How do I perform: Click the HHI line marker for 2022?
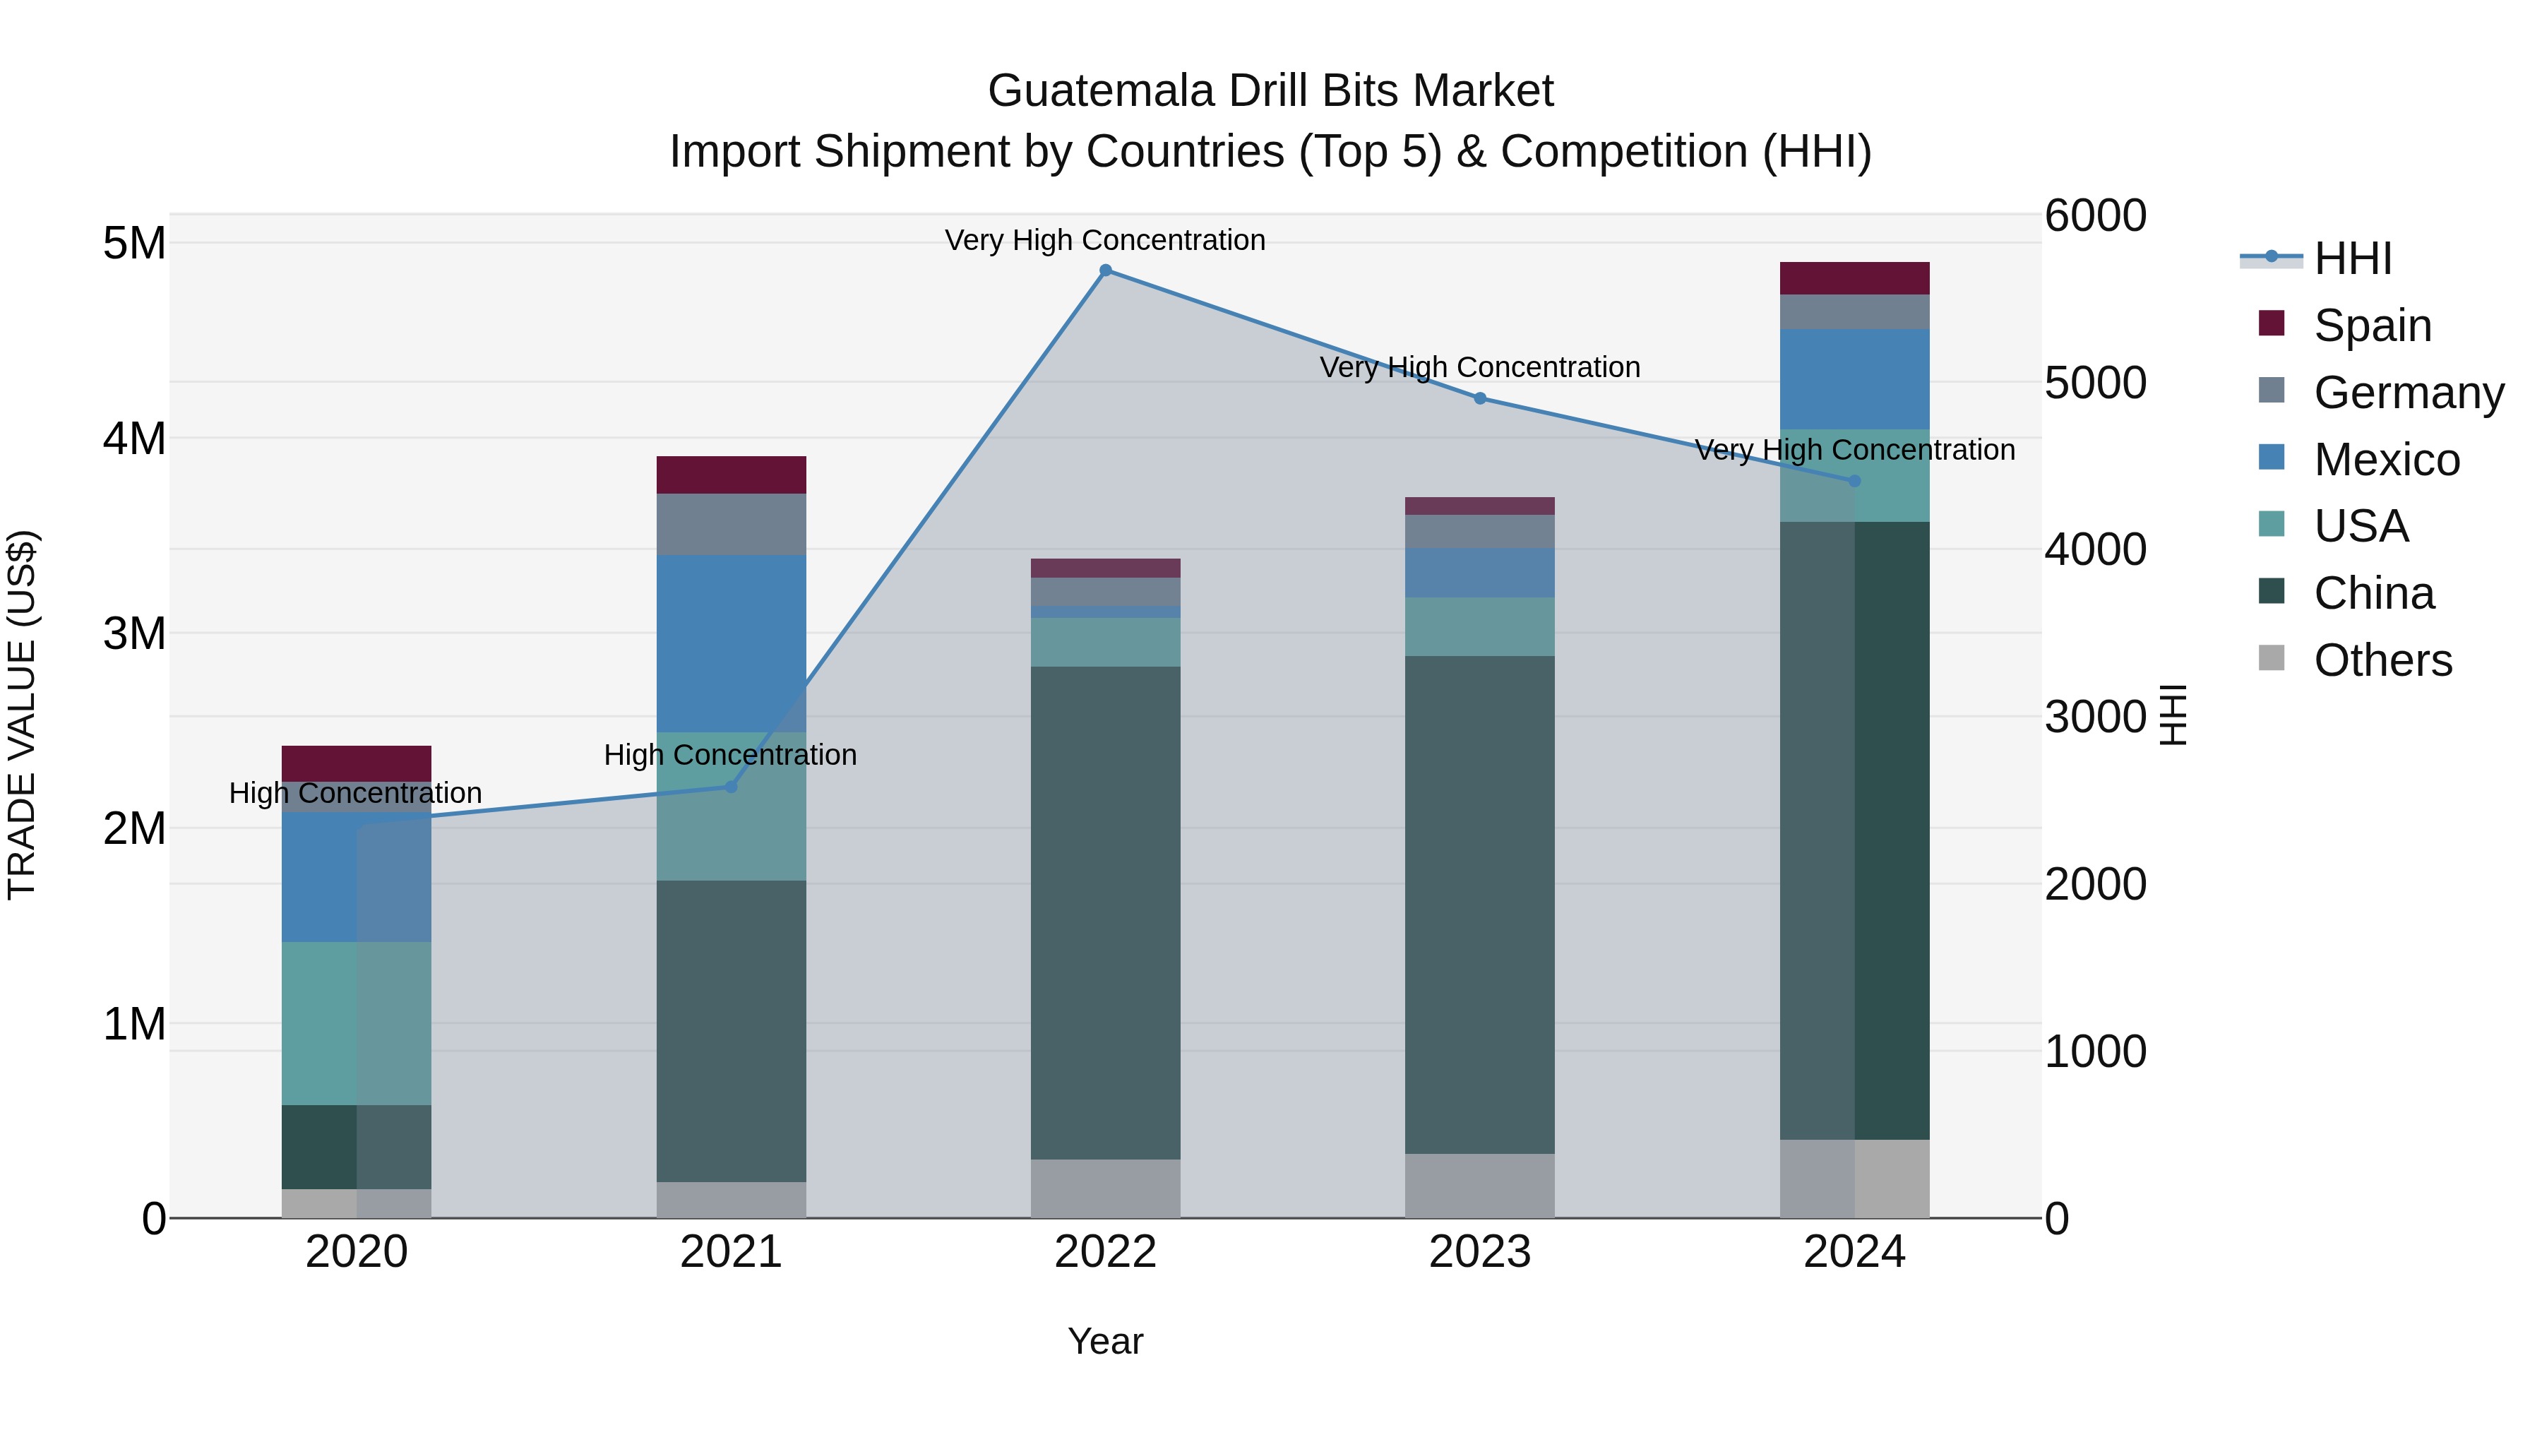[x=1105, y=270]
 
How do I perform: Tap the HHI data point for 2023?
[x=1479, y=399]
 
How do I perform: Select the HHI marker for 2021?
[x=730, y=787]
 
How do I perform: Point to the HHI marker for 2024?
[x=1854, y=482]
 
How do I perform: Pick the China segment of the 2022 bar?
[x=1105, y=913]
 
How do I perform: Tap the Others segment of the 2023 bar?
[x=1479, y=1185]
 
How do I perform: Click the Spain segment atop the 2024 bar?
[x=1854, y=278]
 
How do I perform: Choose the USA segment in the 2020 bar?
[x=357, y=1023]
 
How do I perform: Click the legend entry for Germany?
[x=2408, y=393]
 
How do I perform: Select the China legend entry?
[x=2373, y=594]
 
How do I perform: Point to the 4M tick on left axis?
[x=135, y=438]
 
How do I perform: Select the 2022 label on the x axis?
[x=1105, y=1252]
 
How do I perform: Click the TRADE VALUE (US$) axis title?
[x=23, y=715]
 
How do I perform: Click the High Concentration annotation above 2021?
[x=730, y=755]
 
